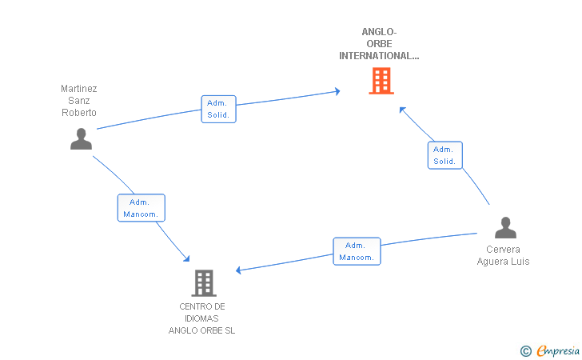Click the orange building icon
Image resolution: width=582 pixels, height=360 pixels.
(x=381, y=81)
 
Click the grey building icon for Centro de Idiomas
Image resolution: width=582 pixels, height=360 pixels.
(x=204, y=283)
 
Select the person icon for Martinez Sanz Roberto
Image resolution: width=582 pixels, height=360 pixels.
(x=81, y=139)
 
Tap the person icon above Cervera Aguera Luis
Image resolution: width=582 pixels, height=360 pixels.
(x=505, y=227)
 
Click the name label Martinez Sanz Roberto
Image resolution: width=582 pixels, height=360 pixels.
(x=79, y=100)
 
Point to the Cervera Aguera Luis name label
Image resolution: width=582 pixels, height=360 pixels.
(x=503, y=255)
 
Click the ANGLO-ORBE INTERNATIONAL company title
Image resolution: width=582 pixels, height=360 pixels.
(x=379, y=44)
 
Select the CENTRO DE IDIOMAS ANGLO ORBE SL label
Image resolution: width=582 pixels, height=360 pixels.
(x=202, y=318)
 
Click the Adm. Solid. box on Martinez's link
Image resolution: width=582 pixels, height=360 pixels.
(x=218, y=109)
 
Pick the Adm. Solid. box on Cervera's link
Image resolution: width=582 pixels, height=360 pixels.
(x=445, y=155)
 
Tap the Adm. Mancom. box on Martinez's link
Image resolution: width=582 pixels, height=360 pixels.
(x=141, y=208)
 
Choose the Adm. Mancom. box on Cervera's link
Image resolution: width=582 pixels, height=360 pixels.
(x=357, y=251)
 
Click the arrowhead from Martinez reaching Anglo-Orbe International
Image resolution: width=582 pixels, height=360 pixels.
(x=337, y=91)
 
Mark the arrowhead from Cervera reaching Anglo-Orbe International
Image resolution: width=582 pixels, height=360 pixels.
(x=402, y=110)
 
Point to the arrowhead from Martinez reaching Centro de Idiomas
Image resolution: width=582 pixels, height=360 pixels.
(x=187, y=258)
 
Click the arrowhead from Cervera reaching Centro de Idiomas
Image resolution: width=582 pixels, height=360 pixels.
(x=238, y=270)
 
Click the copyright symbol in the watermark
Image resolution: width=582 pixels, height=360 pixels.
(x=525, y=351)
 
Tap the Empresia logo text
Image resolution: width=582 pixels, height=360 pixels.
(x=558, y=351)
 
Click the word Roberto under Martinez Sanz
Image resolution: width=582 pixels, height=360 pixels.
(x=79, y=113)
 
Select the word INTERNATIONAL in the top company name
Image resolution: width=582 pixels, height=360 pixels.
(x=379, y=56)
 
